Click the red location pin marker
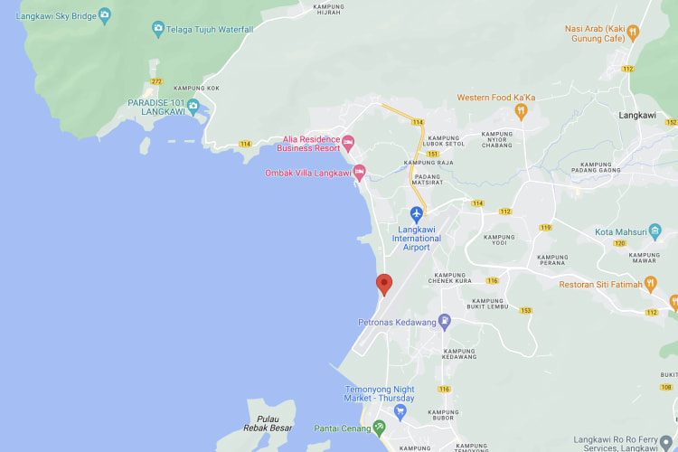point(384,284)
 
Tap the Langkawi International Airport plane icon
point(417,214)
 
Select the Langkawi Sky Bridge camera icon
point(105,14)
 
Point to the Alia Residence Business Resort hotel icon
point(348,142)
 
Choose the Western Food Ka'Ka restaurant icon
point(520,111)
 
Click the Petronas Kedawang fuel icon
point(444,321)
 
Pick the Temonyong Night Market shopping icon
point(400,411)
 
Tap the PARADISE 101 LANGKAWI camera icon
point(193,106)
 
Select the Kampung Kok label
point(197,88)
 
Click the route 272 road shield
point(156,81)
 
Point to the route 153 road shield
point(525,310)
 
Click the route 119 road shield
point(545,227)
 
